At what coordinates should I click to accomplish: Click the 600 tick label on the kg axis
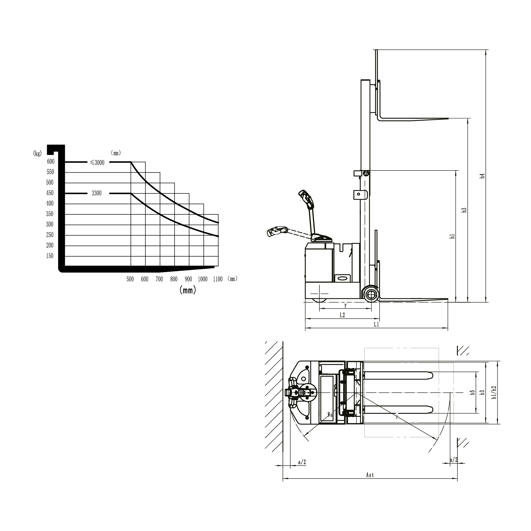click(x=51, y=161)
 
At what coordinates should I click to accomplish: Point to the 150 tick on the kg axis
click(x=50, y=256)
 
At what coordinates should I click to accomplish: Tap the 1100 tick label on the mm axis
click(x=218, y=279)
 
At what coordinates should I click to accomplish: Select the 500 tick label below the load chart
click(x=130, y=279)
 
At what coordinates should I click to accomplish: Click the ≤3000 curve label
click(x=97, y=163)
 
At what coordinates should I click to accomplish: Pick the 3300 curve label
click(x=96, y=193)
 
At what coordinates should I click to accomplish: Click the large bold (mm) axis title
click(x=188, y=290)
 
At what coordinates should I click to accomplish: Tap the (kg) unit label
click(x=37, y=153)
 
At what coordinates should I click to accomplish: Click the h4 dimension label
click(x=482, y=176)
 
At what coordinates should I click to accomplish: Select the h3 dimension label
click(x=464, y=210)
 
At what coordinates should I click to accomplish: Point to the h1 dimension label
click(x=452, y=236)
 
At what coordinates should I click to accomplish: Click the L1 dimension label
click(x=376, y=324)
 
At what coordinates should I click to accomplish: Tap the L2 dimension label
click(x=342, y=315)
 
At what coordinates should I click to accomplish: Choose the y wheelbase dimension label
click(x=346, y=305)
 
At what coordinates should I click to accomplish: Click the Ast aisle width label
click(x=370, y=475)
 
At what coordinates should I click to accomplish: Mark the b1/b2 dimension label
click(x=494, y=392)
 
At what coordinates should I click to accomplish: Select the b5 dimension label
click(x=472, y=392)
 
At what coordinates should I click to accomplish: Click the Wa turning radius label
click(x=330, y=415)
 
